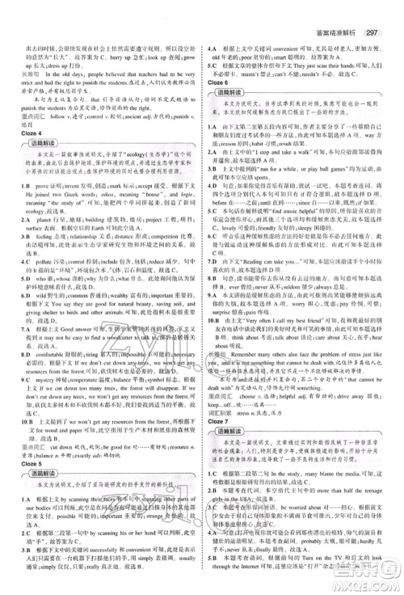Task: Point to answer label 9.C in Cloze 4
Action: [12, 376]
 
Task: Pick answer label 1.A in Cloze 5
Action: [12, 500]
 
